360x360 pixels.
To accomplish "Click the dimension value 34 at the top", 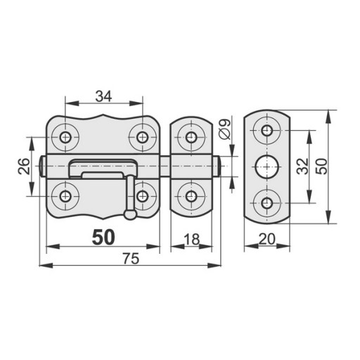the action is coord(103,96).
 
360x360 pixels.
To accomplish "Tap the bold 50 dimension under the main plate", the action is coord(103,238).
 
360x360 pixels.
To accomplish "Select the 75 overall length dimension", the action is coord(131,259).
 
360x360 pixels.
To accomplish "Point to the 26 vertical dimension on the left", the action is coord(24,166).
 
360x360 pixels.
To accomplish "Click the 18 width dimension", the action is coord(191,240).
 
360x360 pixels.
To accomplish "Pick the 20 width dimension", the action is coord(267,240).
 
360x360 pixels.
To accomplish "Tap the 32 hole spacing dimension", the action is coord(302,166).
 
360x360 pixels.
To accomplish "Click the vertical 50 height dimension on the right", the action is coord(321,166).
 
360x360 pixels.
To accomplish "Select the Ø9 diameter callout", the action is coord(226,129).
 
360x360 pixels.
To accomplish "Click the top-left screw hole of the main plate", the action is coord(65,137).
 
